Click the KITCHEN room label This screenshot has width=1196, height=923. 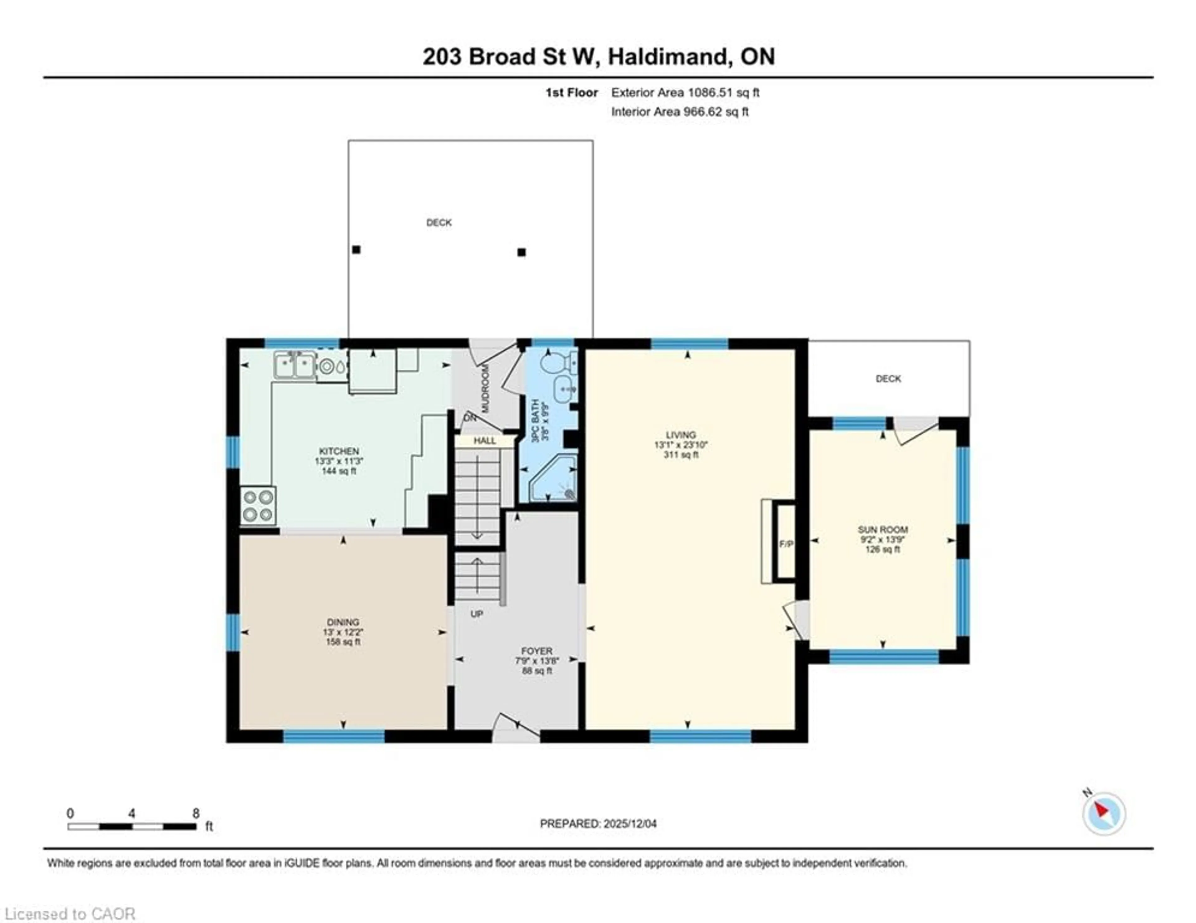tap(339, 451)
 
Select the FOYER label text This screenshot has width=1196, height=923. tap(537, 651)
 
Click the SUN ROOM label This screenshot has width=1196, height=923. tap(882, 529)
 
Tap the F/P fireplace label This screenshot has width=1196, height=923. tap(786, 544)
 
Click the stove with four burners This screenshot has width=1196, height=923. tap(258, 506)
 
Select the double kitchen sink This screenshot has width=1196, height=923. tap(295, 365)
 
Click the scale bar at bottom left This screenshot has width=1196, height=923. tap(132, 826)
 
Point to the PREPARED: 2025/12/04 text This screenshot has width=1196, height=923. tap(598, 823)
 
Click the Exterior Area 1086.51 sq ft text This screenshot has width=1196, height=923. tap(685, 92)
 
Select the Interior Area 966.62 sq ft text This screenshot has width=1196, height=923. tap(680, 112)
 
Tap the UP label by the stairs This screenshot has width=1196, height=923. tap(477, 614)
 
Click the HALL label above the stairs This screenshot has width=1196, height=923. tap(485, 440)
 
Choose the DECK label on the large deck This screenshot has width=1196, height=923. tap(439, 222)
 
